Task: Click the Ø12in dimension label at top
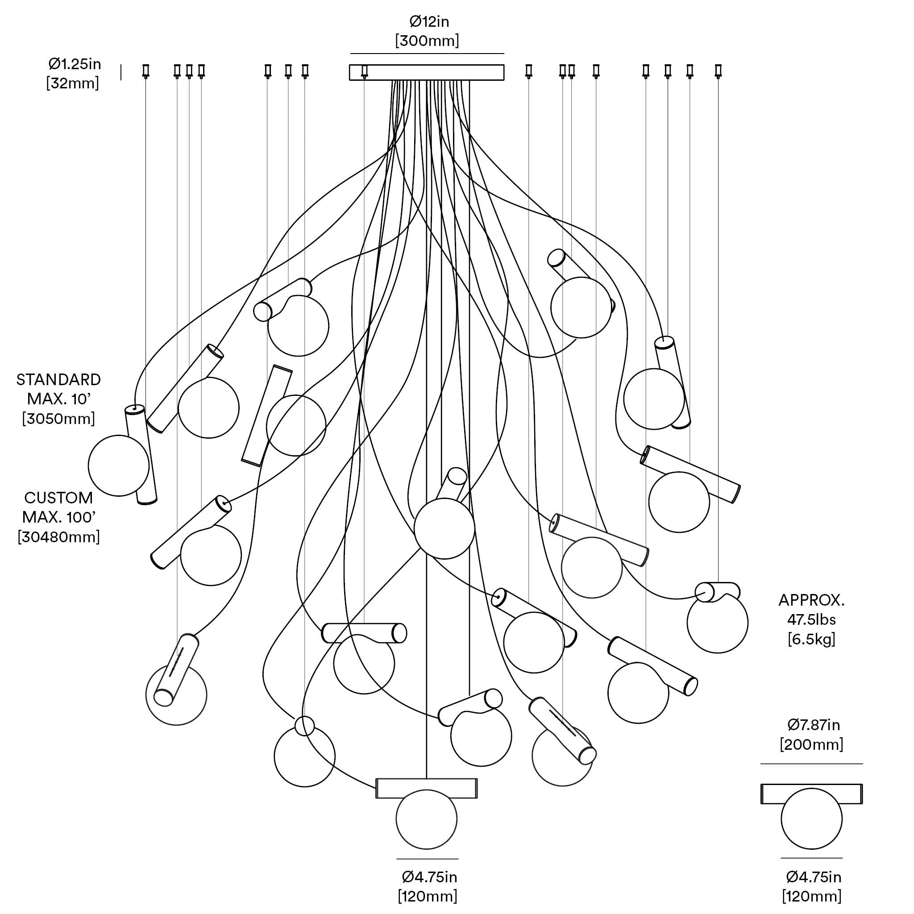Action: pos(428,22)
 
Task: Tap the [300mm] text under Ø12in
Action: pos(427,41)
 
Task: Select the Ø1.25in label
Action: pos(75,64)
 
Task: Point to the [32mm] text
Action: pos(72,83)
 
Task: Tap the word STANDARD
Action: pos(58,380)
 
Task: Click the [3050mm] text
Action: pos(58,419)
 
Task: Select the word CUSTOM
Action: pos(58,498)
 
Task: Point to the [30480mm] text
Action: pos(58,537)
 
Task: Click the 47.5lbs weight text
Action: pos(811,620)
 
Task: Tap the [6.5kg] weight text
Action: pos(811,639)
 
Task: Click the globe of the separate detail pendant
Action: pos(812,819)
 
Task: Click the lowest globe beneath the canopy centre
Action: pos(426,819)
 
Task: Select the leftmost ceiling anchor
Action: pos(145,71)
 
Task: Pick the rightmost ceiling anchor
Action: pos(718,71)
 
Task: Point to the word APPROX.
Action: pos(811,600)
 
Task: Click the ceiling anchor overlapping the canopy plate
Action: pos(364,71)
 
